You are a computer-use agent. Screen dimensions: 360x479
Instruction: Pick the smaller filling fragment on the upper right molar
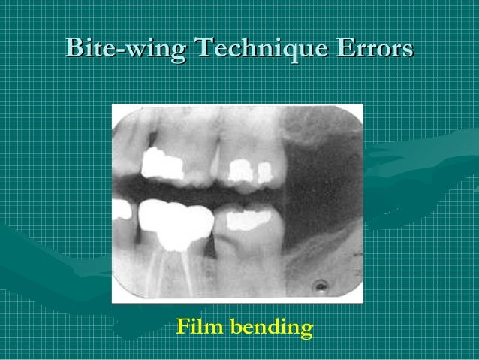pyautogui.click(x=264, y=174)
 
